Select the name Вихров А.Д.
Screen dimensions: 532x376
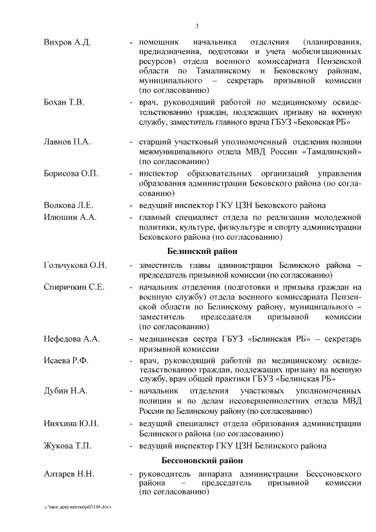click(67, 43)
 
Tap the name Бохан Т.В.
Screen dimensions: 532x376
click(65, 102)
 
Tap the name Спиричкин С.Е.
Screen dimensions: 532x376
click(74, 287)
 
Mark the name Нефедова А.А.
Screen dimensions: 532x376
click(72, 339)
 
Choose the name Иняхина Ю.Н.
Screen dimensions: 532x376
click(71, 423)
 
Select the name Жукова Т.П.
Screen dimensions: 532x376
click(68, 445)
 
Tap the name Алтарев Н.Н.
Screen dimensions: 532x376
click(69, 474)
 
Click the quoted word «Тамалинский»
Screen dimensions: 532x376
click(333, 152)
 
